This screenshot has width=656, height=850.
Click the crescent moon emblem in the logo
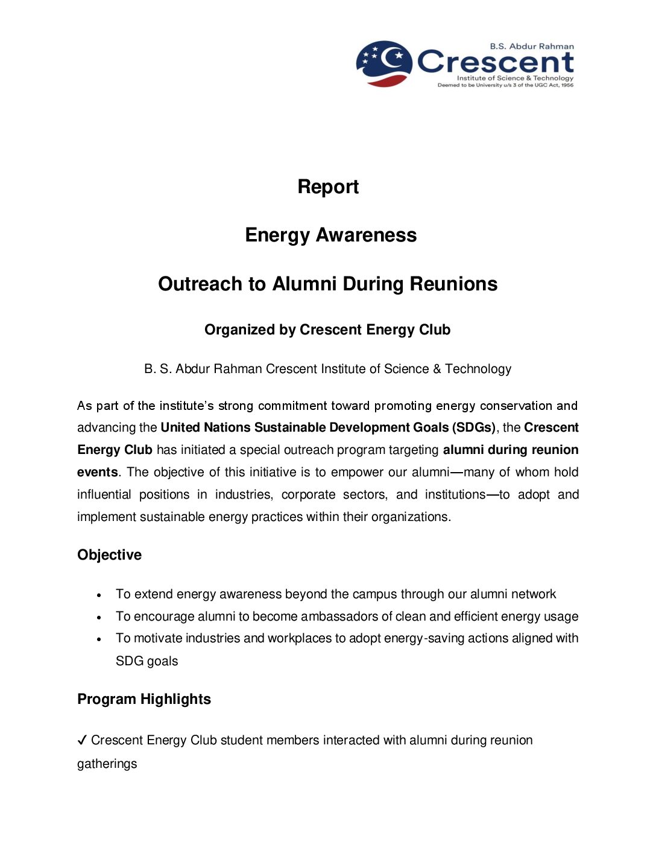[x=385, y=63]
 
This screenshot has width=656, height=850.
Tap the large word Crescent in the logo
[x=495, y=62]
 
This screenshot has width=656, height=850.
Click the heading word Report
[x=328, y=187]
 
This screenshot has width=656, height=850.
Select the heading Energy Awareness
[x=330, y=235]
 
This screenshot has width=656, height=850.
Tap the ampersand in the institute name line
[x=437, y=369]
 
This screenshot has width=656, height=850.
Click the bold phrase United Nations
[x=205, y=427]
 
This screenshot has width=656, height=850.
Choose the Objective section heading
[x=109, y=555]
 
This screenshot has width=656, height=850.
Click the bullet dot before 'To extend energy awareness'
[x=99, y=595]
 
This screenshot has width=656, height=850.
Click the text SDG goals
[x=147, y=661]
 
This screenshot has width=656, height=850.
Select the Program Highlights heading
[x=144, y=699]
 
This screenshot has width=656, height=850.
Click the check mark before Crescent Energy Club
[x=82, y=741]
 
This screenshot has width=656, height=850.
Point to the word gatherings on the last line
[x=107, y=764]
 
